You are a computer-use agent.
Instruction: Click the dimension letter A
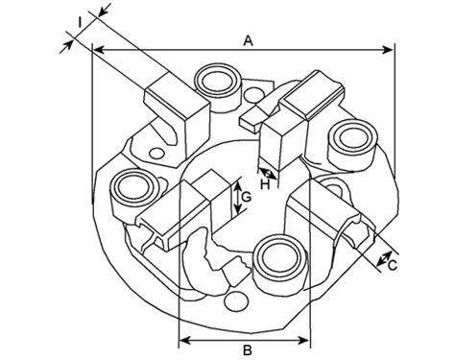click(248, 41)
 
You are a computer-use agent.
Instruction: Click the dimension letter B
click(248, 350)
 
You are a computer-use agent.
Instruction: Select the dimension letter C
click(393, 265)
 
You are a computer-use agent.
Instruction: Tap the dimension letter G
click(247, 197)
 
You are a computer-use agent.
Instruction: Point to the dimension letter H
click(265, 185)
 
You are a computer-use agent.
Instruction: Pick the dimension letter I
click(80, 22)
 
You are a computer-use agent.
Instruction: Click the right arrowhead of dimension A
click(387, 50)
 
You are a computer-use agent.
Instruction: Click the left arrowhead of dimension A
click(98, 50)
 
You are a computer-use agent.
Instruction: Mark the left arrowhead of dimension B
click(184, 341)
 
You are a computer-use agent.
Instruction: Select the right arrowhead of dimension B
click(303, 341)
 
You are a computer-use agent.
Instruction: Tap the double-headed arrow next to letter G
click(237, 198)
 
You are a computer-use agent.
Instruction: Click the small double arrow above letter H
click(268, 174)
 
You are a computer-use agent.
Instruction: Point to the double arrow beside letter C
click(384, 259)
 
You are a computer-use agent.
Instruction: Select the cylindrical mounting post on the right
click(352, 143)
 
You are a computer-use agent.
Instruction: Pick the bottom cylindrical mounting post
click(281, 263)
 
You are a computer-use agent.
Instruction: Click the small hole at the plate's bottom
click(236, 301)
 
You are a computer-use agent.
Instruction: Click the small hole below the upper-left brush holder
click(157, 153)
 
